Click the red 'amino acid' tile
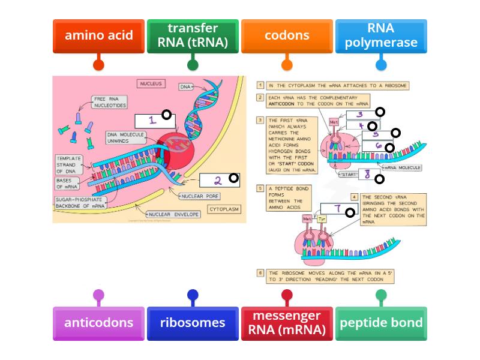click(98, 35)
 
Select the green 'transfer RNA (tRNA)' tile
click(193, 35)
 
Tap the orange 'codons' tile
click(287, 35)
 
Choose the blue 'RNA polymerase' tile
click(381, 35)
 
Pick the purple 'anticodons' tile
click(98, 323)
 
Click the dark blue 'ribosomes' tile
click(193, 323)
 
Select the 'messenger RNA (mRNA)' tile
click(287, 323)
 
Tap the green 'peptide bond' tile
click(381, 323)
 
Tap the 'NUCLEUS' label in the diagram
click(152, 84)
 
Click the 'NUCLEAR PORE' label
click(199, 196)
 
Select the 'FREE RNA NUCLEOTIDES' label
click(109, 102)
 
